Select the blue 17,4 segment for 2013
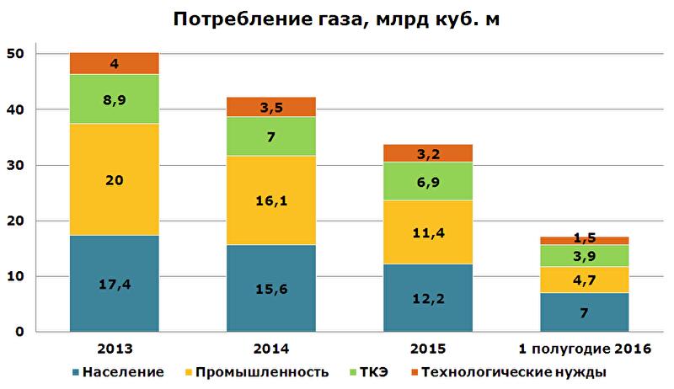pyautogui.click(x=114, y=284)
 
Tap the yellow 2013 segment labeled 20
pyautogui.click(x=114, y=179)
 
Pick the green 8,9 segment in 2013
pyautogui.click(x=114, y=99)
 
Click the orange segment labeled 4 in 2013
pyautogui.click(x=114, y=63)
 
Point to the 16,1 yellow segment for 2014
pyautogui.click(x=270, y=200)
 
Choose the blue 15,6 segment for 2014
pyautogui.click(x=270, y=289)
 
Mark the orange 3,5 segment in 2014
pyautogui.click(x=270, y=107)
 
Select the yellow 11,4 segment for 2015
pyautogui.click(x=427, y=232)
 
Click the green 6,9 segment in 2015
pyautogui.click(x=427, y=181)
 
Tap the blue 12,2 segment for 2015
pyautogui.click(x=427, y=298)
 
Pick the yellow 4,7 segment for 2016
pyautogui.click(x=584, y=280)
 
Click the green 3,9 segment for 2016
pyautogui.click(x=584, y=256)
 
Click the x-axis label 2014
pyautogui.click(x=270, y=348)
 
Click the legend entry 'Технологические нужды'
pyautogui.click(x=513, y=371)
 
